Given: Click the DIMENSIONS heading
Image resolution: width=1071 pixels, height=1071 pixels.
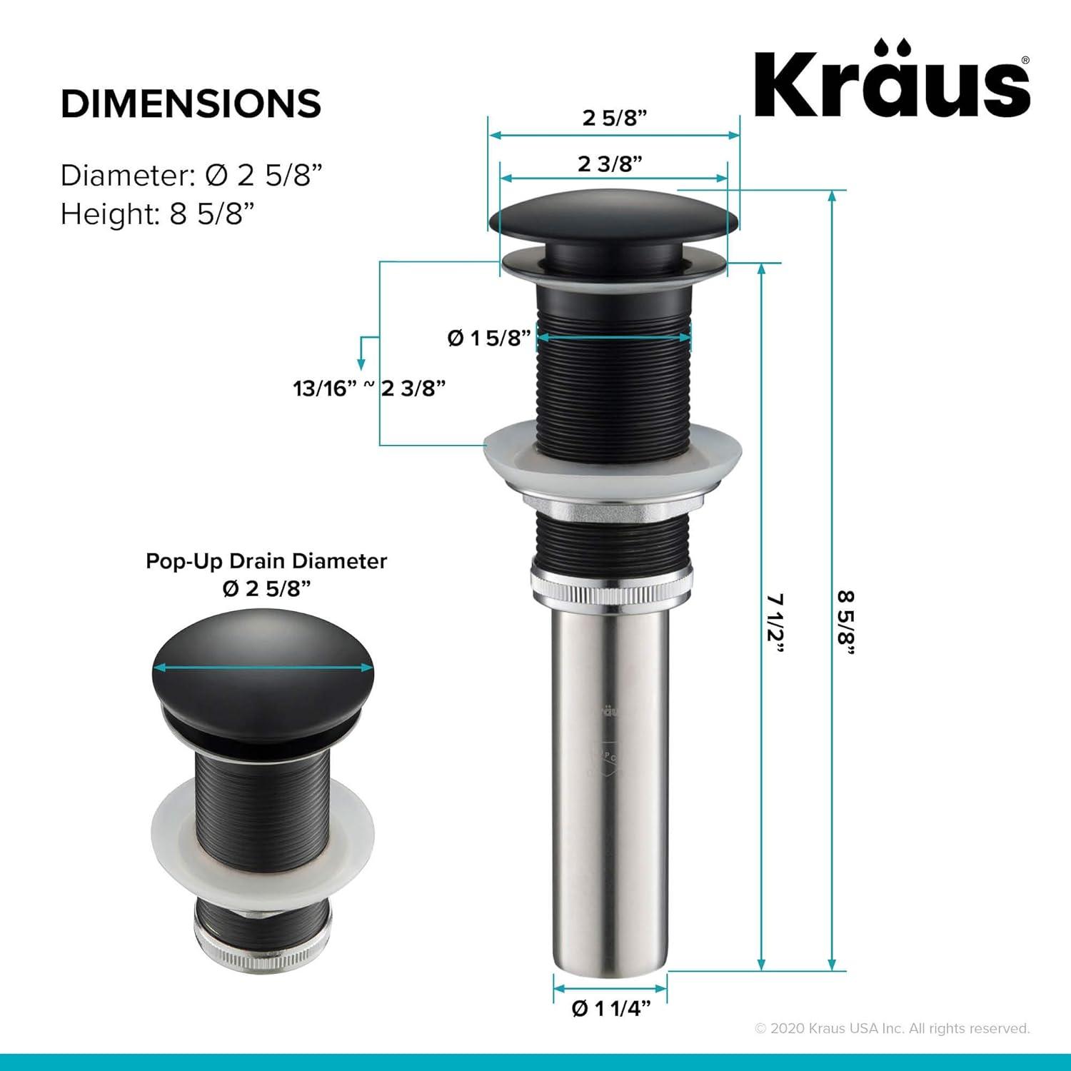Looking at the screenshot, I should point(191,104).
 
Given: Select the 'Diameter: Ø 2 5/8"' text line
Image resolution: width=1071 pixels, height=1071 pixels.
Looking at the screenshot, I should point(191,175).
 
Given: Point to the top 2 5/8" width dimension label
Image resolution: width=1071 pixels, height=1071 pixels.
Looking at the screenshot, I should point(614,118).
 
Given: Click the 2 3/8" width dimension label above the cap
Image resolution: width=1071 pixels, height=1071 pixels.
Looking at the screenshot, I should point(610,164).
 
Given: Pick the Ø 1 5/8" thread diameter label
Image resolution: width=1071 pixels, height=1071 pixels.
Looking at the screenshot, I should point(490,338).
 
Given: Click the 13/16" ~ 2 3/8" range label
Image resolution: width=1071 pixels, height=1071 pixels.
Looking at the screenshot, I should point(369,388).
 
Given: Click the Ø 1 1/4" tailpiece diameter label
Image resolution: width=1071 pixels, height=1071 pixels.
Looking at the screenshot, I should point(611,1008).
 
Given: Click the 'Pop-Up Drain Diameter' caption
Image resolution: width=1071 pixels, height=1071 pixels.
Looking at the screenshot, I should point(266,561).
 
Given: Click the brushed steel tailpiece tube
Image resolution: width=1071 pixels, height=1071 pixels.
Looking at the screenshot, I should point(610,785).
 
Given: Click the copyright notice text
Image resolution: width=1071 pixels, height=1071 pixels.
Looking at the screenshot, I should point(892,1028).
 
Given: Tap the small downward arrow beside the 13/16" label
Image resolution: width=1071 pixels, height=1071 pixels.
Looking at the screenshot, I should point(362,353).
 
